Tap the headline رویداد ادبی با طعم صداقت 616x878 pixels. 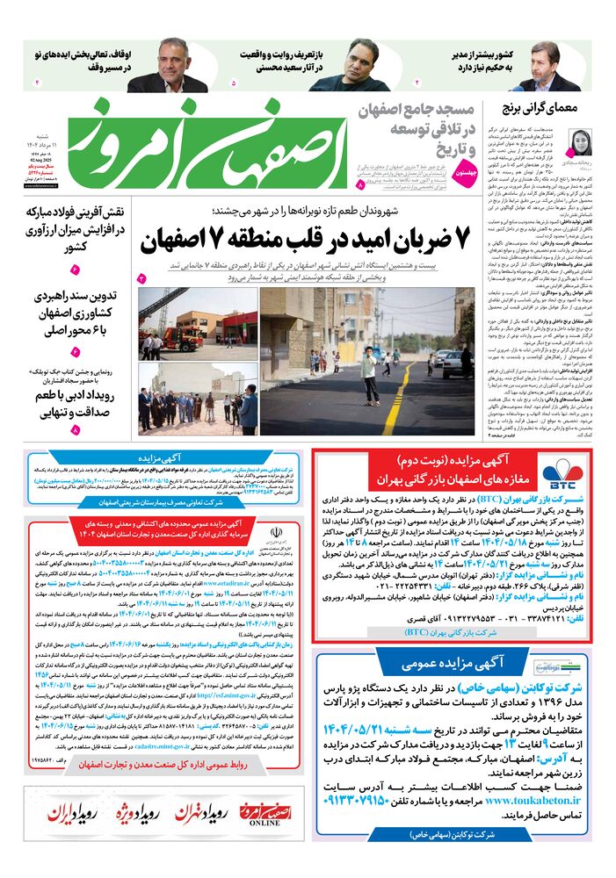tap(75, 405)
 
